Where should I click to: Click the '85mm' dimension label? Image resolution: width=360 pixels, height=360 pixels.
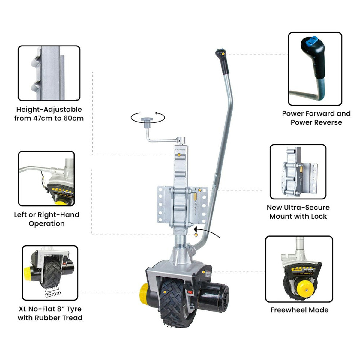53,294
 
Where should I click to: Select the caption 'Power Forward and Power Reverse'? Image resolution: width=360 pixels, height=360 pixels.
316,118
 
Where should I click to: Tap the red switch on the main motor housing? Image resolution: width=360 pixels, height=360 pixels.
189,291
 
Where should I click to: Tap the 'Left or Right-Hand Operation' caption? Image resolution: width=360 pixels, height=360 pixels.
46,219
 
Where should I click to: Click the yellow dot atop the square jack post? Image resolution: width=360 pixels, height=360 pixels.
179,155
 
